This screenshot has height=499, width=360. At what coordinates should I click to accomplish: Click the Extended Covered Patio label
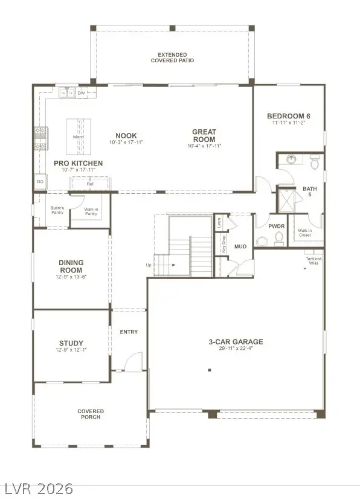[x=172, y=57]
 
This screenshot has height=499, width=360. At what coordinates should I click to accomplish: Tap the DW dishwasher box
[x=81, y=93]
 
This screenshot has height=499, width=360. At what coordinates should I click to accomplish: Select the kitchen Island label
[x=79, y=137]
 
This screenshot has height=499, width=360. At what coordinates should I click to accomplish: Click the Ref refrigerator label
[x=90, y=184]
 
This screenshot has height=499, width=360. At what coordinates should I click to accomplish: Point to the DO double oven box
[x=40, y=181]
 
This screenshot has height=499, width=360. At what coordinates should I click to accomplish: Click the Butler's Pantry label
[x=57, y=210]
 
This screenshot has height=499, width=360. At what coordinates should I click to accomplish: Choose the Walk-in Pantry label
[x=91, y=211]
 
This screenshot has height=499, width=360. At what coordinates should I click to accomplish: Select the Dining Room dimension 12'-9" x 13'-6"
[x=71, y=277]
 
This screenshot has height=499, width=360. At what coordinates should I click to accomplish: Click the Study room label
[x=71, y=343]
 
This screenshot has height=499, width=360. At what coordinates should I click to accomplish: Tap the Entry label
[x=129, y=332]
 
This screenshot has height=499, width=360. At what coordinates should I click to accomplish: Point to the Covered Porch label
[x=91, y=414]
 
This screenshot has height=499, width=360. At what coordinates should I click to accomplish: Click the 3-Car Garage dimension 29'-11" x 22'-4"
[x=236, y=349]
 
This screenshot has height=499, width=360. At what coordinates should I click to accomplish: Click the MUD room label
[x=240, y=246]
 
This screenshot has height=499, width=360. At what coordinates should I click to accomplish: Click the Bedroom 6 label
[x=288, y=115]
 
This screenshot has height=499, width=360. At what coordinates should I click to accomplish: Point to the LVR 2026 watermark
[x=38, y=487]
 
